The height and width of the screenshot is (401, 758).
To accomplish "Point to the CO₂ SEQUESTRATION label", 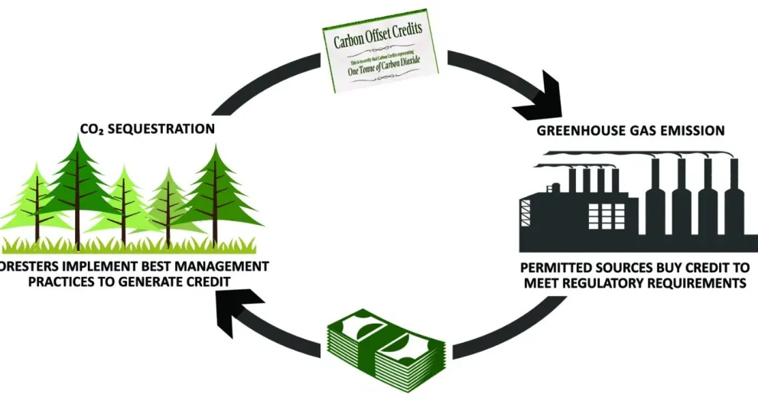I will pos(147,129).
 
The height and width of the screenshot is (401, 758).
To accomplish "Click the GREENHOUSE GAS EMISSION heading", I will pos(630,131).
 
